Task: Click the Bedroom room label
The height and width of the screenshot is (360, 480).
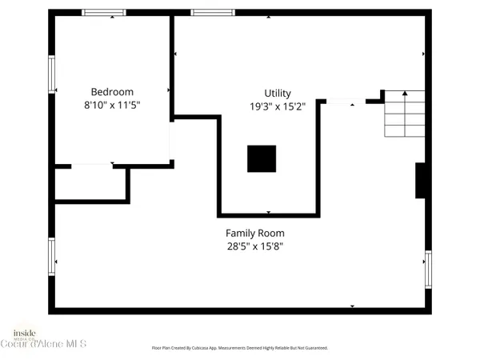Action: [x=112, y=92]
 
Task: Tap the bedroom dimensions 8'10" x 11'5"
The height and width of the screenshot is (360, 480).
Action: [x=112, y=105]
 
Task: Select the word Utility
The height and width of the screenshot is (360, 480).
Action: [x=278, y=93]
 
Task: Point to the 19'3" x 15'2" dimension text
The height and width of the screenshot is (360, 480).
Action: [x=278, y=106]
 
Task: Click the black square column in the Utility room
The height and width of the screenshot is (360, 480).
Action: [x=261, y=158]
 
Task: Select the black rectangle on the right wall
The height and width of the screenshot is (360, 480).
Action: [x=420, y=180]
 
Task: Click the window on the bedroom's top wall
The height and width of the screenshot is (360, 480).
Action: [x=104, y=13]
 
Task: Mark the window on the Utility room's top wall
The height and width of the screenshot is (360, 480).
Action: [x=212, y=13]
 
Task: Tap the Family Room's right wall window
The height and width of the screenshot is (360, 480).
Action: [x=428, y=270]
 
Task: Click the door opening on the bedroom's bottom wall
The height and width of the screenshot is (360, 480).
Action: [x=92, y=166]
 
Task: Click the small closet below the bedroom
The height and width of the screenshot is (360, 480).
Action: [x=90, y=183]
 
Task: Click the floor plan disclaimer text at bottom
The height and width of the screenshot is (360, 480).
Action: [x=240, y=348]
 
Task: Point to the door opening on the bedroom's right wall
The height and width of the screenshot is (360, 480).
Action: [x=171, y=140]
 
